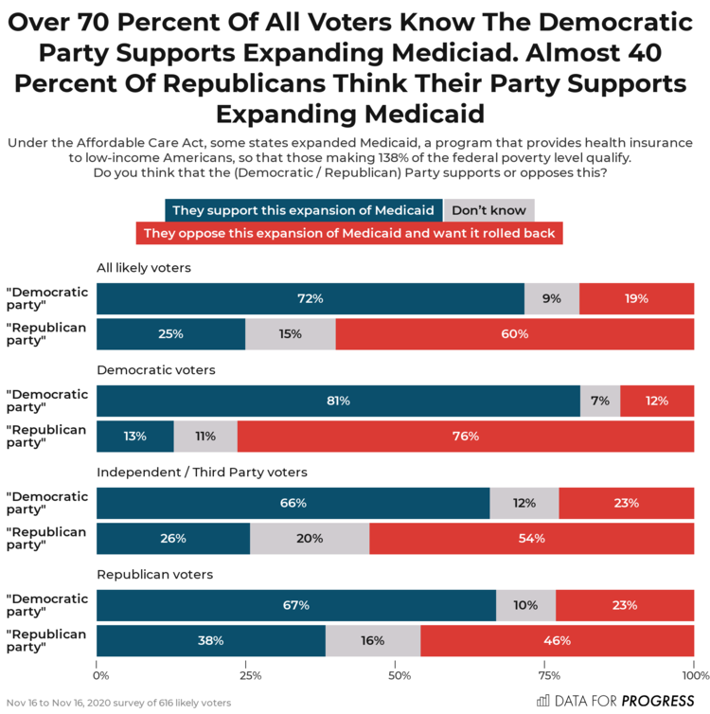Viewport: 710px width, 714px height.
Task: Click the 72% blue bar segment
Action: click(x=311, y=298)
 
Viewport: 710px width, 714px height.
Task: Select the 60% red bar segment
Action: click(x=514, y=333)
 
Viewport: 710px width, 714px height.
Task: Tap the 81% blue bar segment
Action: click(x=338, y=401)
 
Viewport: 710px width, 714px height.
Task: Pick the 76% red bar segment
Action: click(x=465, y=437)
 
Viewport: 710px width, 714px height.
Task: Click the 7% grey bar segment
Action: click(x=600, y=401)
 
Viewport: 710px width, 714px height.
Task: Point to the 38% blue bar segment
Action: click(x=211, y=641)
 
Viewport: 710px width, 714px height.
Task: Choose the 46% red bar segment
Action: click(x=557, y=641)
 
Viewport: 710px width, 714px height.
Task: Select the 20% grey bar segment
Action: click(x=310, y=539)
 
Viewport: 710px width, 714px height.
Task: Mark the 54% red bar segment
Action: click(x=531, y=539)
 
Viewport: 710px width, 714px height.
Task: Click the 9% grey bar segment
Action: click(x=552, y=298)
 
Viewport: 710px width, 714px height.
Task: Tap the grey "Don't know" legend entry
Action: click(x=489, y=210)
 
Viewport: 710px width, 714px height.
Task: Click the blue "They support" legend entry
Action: click(x=304, y=210)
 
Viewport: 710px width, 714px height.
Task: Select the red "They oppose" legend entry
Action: click(x=349, y=233)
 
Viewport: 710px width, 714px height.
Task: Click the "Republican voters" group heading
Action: click(x=155, y=575)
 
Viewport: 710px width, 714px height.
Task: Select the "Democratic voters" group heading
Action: click(x=157, y=370)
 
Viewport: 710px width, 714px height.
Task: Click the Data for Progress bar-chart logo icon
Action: click(x=543, y=701)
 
